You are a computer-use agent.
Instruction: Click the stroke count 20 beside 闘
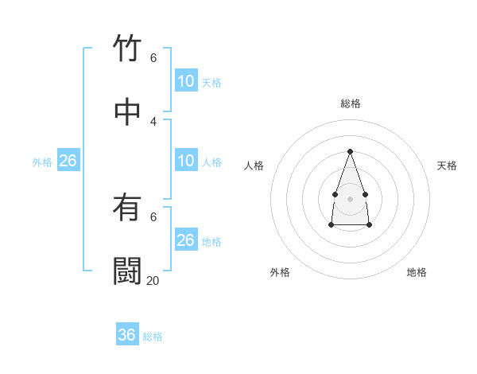153,280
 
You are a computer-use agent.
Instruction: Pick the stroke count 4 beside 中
153,121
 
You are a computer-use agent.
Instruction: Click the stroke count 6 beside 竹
153,58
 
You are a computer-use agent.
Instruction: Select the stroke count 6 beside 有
153,216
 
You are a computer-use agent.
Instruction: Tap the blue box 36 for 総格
127,335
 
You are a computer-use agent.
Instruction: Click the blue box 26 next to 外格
68,161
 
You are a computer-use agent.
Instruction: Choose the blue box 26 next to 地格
186,240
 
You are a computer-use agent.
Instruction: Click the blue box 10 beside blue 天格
186,81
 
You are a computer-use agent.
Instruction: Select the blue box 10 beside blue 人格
186,161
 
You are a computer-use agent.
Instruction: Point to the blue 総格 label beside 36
153,337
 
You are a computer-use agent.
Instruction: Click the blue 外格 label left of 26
42,162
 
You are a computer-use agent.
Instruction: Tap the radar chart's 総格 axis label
351,103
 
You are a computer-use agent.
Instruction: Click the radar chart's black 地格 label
417,272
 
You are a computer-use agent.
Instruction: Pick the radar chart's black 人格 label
254,166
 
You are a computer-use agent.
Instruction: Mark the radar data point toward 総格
350,151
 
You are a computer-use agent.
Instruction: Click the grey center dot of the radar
350,197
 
